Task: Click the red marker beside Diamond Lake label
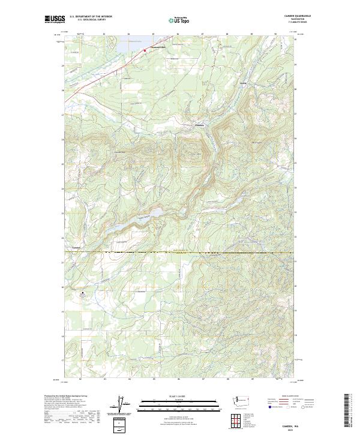coord(145,50)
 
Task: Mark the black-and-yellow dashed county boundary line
coord(180,253)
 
